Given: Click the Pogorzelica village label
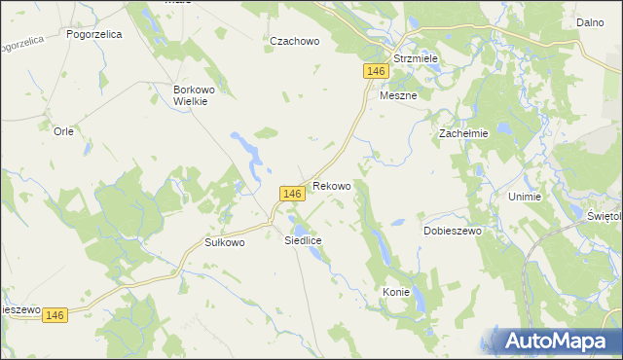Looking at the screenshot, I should coord(93,33).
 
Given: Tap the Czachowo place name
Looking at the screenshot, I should coord(295,41).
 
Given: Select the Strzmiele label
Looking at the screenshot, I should coord(416,58).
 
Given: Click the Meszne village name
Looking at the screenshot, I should coord(397,95).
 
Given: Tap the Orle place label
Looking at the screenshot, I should coord(64,131).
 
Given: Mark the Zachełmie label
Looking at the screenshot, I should coord(462,133).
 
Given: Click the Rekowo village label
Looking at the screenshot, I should coord(332,185).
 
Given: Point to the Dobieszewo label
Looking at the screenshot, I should coord(453,231).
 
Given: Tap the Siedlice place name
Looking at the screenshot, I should coord(303,239).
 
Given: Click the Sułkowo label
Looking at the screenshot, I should coord(224,242).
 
